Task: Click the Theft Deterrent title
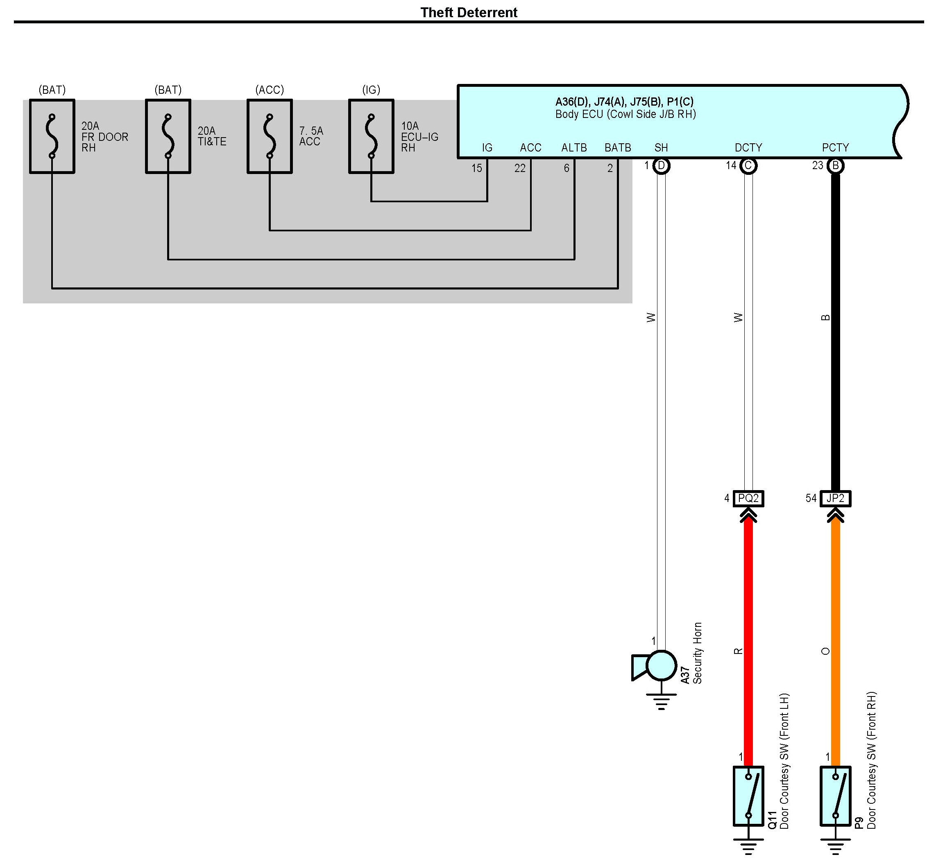click(x=468, y=13)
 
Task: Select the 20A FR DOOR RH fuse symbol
click(x=52, y=136)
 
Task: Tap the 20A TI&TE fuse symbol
click(x=168, y=136)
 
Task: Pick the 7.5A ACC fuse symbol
click(x=270, y=136)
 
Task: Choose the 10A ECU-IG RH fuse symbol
click(x=371, y=136)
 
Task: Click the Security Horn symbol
click(x=656, y=665)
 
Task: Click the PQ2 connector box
click(x=748, y=499)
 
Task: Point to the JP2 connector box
click(x=835, y=499)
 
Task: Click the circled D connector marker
click(x=661, y=166)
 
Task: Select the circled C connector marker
click(x=748, y=166)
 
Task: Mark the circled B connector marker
click(x=835, y=166)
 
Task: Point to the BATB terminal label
click(x=617, y=148)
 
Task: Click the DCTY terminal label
click(x=748, y=148)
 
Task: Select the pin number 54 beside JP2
click(x=811, y=499)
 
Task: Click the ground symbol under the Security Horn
click(x=661, y=701)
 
